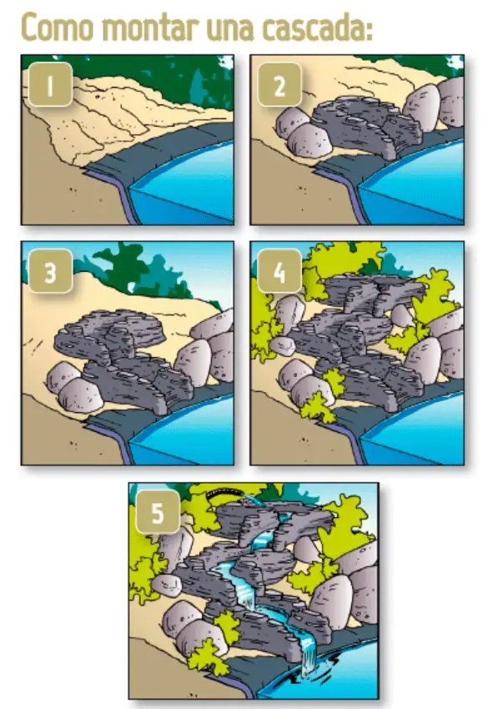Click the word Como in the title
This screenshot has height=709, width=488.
(57, 28)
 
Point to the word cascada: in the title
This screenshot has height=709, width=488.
(318, 28)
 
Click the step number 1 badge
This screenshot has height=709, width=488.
(51, 84)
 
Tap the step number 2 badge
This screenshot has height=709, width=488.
(279, 84)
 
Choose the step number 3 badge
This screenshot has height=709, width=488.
(51, 271)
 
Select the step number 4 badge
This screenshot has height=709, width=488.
(279, 271)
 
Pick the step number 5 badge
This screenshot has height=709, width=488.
(158, 512)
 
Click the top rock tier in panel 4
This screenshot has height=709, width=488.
(369, 292)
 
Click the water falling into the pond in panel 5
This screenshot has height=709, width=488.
(309, 653)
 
